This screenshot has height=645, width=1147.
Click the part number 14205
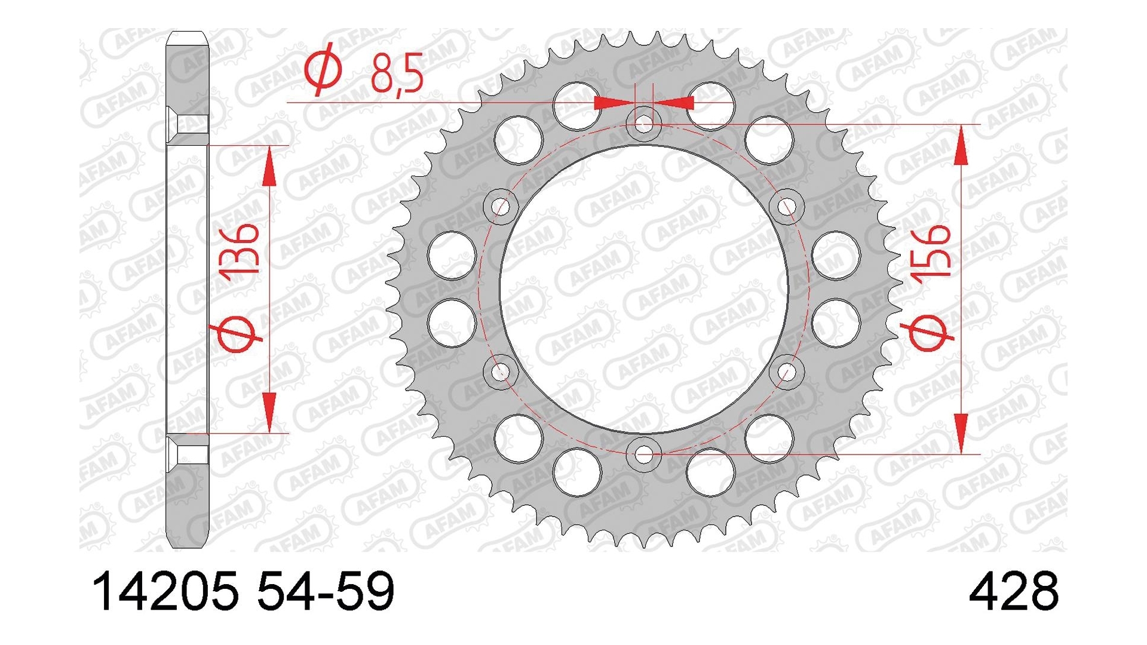165,591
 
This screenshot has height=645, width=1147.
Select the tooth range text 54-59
326,591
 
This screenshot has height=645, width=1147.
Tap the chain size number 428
1013,591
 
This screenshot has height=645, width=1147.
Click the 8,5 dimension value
397,74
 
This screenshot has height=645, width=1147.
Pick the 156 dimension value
930,251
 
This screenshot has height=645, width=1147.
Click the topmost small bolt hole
643,124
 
